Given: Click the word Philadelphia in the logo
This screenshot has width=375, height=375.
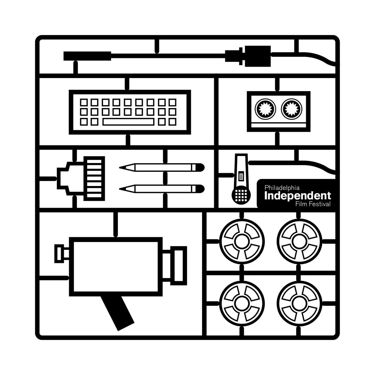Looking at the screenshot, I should click(282, 187).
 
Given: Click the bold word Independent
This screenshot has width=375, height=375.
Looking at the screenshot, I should click(297, 196).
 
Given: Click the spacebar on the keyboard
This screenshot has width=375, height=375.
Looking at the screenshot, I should click(128, 122).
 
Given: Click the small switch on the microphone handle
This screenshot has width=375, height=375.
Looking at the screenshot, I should click(241, 177).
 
